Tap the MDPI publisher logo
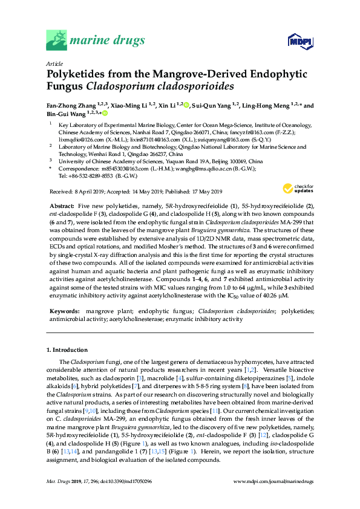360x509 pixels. [x=295, y=41]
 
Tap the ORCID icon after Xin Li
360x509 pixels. [x=186, y=105]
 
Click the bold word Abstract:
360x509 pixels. [x=63, y=206]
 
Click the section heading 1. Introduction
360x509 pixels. [x=70, y=350]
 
